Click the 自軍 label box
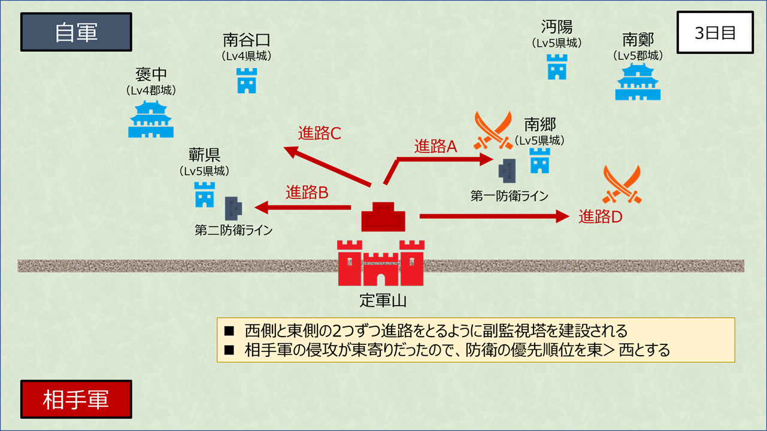[76, 32]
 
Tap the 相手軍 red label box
[76, 399]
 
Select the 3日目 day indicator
[715, 32]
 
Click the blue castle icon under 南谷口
[247, 81]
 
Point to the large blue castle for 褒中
[151, 120]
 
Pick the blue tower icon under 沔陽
[557, 67]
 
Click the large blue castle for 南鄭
[638, 82]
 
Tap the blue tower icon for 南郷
[539, 161]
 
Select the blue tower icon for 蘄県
[204, 195]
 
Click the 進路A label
[435, 146]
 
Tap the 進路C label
[319, 133]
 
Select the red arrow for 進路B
[303, 207]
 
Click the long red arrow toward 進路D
[495, 216]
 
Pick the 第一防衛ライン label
[509, 196]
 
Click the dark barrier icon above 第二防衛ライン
[234, 209]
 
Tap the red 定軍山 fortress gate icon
[381, 263]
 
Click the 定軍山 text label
[383, 301]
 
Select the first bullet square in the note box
[229, 331]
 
